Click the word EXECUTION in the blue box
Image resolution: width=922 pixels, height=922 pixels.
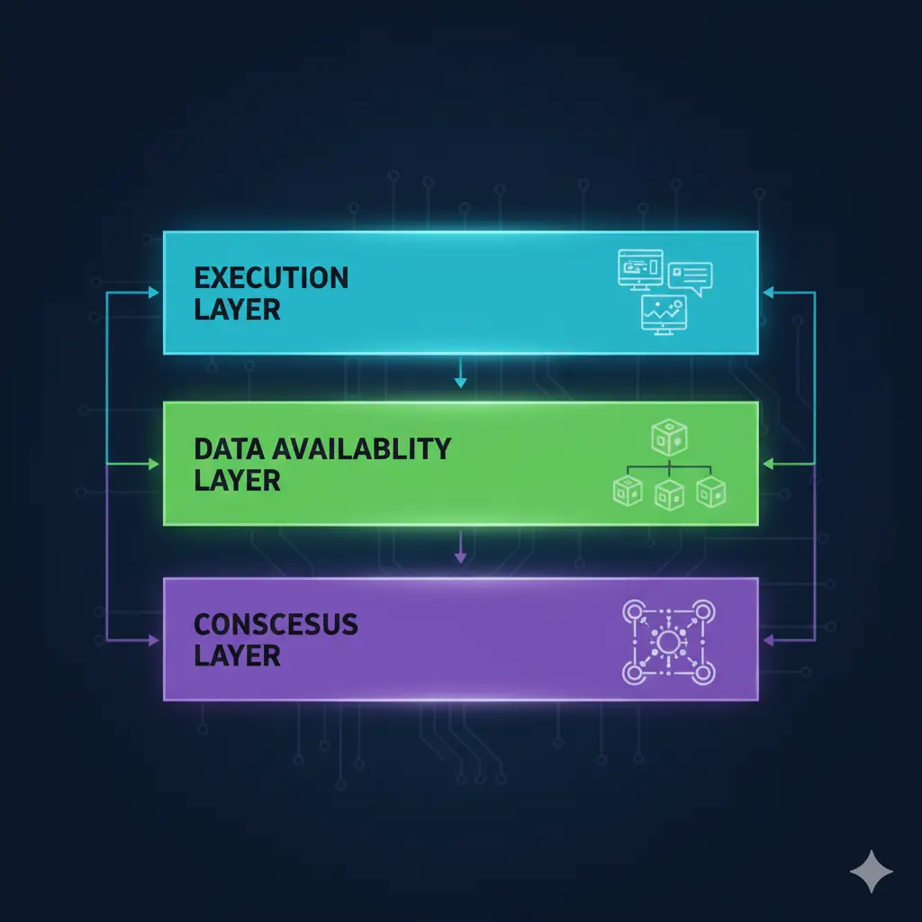click(x=271, y=278)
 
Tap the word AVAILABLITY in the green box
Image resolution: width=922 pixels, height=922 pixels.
click(x=362, y=448)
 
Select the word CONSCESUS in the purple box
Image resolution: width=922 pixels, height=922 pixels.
click(x=276, y=625)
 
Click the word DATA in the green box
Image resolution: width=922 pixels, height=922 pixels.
click(x=230, y=448)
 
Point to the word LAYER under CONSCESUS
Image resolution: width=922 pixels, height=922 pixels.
click(x=237, y=656)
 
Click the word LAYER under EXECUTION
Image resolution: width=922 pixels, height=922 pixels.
click(x=237, y=310)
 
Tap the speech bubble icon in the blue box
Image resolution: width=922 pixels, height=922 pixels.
click(x=691, y=279)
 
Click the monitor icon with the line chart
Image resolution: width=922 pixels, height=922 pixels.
click(x=664, y=314)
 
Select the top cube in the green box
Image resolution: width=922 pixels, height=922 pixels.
click(x=670, y=438)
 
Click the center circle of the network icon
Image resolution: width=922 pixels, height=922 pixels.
click(x=669, y=642)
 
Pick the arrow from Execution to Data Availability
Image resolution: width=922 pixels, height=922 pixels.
click(x=460, y=372)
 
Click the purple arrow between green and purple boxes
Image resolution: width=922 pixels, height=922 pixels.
click(x=460, y=547)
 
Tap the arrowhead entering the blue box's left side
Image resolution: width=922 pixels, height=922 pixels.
click(x=153, y=293)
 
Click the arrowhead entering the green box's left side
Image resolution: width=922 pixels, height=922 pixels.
click(x=153, y=464)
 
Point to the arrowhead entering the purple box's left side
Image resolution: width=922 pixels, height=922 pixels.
click(x=153, y=640)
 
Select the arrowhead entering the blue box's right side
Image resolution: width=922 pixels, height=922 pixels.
click(x=768, y=293)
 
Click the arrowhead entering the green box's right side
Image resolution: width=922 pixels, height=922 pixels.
click(x=768, y=464)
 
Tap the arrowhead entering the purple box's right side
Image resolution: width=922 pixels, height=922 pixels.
click(x=768, y=640)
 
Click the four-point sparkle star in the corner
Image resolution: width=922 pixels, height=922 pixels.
click(x=872, y=872)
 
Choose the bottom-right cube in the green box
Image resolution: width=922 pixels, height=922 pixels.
click(x=711, y=493)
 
